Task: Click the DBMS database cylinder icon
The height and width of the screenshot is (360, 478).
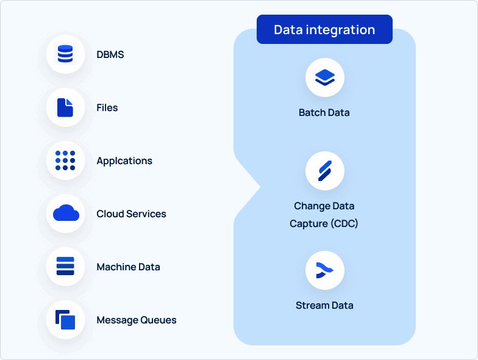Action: tap(65, 54)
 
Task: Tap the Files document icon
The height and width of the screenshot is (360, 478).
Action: tap(65, 107)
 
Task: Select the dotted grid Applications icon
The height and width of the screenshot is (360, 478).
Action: tap(65, 160)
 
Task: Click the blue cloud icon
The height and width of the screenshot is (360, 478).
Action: tap(66, 214)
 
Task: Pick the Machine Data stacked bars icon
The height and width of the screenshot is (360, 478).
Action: tap(65, 267)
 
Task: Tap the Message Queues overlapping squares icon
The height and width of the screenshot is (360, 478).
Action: tap(65, 320)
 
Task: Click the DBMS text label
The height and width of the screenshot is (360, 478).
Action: tap(110, 54)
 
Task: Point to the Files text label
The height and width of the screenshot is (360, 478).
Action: tap(107, 107)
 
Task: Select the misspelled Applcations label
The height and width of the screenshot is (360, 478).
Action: tap(124, 160)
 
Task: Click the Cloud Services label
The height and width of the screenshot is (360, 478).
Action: tap(131, 214)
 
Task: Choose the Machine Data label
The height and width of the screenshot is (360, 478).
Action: tap(128, 267)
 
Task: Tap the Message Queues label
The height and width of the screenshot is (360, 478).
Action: tap(137, 320)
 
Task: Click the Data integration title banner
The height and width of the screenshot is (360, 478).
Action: tap(324, 29)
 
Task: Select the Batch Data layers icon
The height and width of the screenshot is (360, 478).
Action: tap(325, 77)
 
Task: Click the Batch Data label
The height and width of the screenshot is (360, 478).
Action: tap(324, 112)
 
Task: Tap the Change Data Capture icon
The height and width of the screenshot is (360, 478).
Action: tap(325, 171)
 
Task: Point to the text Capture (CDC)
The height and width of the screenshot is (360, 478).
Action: tap(324, 223)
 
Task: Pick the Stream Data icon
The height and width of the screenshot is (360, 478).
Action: tap(325, 270)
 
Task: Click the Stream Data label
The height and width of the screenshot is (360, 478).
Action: tap(324, 305)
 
